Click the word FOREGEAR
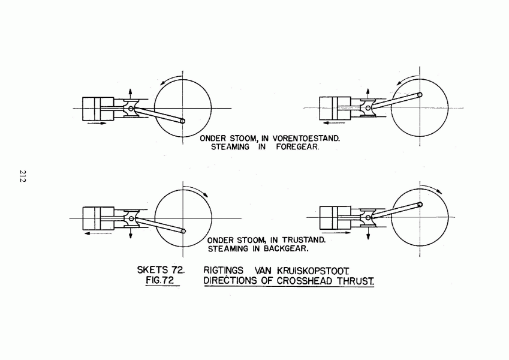297,147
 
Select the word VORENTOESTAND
306,139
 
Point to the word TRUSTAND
303,240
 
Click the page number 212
22,176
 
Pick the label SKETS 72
161,269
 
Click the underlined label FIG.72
160,280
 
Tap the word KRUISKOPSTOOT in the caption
313,271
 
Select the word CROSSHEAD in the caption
305,281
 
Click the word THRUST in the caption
355,281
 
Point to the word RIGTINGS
224,271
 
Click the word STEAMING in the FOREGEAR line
230,147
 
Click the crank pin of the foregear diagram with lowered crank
182,121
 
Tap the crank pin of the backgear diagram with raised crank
420,205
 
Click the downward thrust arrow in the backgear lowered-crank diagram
131,232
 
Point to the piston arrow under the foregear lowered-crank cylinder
97,123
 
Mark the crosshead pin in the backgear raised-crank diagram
368,217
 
